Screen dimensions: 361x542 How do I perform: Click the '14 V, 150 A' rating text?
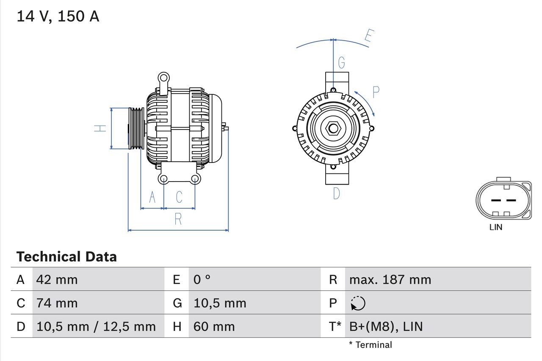[58, 17]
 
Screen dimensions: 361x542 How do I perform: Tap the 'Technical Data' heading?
[66, 256]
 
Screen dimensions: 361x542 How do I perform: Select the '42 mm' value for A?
[57, 280]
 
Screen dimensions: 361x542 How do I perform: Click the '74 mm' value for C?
[57, 303]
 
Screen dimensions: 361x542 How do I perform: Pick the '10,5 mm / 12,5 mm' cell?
[96, 326]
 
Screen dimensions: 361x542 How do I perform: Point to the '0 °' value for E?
[202, 280]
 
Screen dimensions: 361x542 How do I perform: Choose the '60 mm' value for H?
[214, 326]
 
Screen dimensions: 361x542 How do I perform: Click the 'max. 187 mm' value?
[390, 280]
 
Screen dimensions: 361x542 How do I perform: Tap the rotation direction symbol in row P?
[358, 303]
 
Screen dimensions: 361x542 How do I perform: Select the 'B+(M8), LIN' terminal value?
[386, 326]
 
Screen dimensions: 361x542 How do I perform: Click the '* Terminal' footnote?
[371, 345]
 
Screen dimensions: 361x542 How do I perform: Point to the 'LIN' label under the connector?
[495, 227]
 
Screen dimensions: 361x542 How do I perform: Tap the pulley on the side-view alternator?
[136, 128]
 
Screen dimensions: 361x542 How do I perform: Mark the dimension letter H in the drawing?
[100, 128]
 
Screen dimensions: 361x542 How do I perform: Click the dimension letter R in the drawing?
[178, 219]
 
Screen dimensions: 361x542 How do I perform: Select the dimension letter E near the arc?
[368, 37]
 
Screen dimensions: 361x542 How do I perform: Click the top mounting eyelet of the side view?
[163, 78]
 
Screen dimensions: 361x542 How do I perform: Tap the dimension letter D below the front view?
[337, 193]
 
